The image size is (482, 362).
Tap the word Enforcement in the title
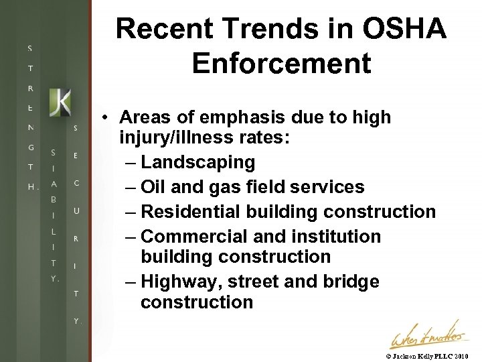(x=281, y=63)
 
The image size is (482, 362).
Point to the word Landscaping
(x=198, y=162)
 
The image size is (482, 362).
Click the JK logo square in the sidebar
(x=60, y=101)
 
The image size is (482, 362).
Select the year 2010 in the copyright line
(x=462, y=356)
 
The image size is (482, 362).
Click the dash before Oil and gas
(x=131, y=187)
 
